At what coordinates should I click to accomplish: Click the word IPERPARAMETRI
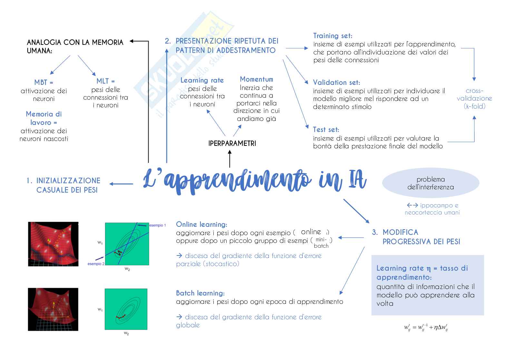(232, 143)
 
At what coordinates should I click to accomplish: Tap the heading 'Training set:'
(333, 36)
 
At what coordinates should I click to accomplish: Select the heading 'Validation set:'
(337, 83)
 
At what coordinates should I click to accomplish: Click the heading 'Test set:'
(326, 130)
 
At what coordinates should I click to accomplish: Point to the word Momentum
(256, 79)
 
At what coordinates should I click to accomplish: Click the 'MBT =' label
(44, 83)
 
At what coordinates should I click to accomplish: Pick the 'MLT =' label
(106, 81)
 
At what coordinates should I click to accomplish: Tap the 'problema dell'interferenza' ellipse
(430, 183)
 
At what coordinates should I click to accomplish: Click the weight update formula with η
(426, 328)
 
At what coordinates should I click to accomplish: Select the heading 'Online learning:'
(201, 225)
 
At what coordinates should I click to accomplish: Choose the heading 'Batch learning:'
(200, 293)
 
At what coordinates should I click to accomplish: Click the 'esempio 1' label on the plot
(158, 225)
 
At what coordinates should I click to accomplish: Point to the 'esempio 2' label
(96, 264)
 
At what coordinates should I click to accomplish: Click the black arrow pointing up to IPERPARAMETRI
(230, 159)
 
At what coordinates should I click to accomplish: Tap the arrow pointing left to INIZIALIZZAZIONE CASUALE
(121, 184)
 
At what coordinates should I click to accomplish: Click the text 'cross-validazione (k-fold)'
(474, 98)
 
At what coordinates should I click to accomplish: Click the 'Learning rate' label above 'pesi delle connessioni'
(202, 80)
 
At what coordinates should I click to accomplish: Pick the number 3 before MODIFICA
(375, 232)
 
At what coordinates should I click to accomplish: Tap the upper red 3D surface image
(53, 244)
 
